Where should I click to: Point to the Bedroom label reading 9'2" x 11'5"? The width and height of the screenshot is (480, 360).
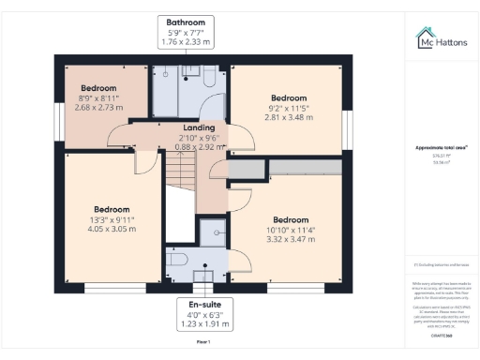tap(289, 108)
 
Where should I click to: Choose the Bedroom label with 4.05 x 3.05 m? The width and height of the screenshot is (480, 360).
tap(112, 218)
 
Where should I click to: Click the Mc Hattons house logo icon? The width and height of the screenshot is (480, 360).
tap(425, 37)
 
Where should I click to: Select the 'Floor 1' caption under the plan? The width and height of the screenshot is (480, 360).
tap(203, 342)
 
